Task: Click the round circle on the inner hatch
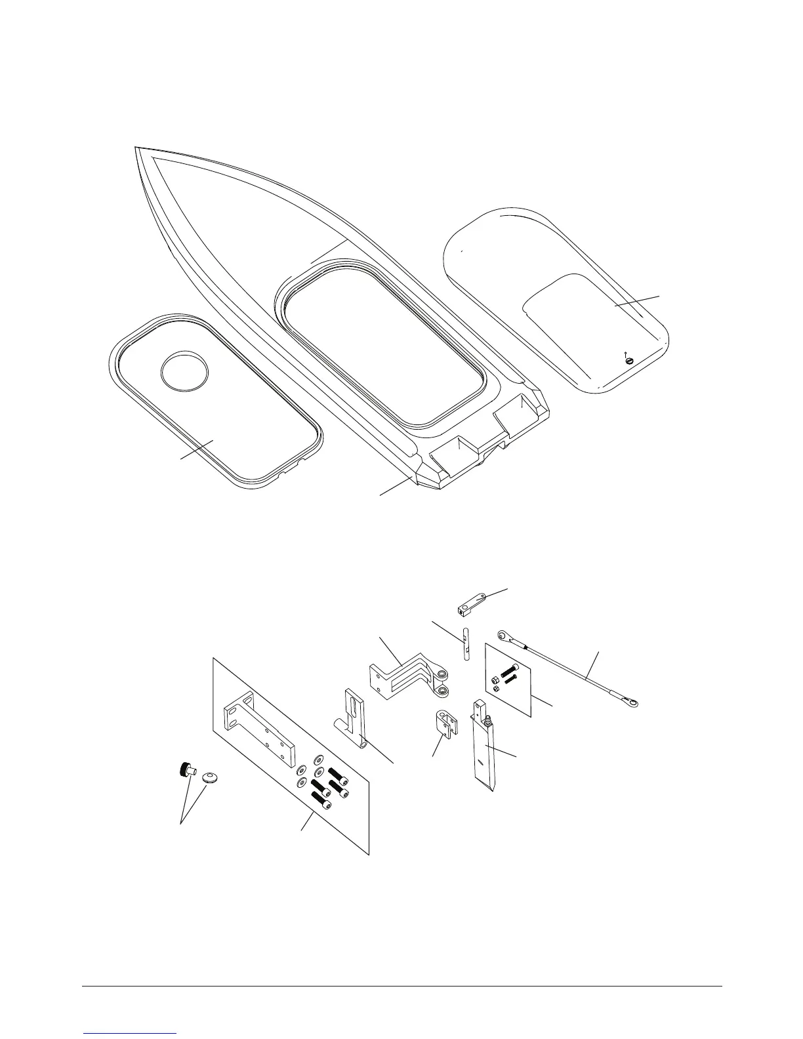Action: pyautogui.click(x=185, y=373)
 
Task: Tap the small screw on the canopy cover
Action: pyautogui.click(x=629, y=359)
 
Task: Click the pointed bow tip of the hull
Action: pyautogui.click(x=136, y=149)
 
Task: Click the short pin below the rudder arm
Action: pyautogui.click(x=465, y=645)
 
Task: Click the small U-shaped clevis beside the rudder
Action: pyautogui.click(x=447, y=725)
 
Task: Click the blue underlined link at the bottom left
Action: pyautogui.click(x=131, y=1033)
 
